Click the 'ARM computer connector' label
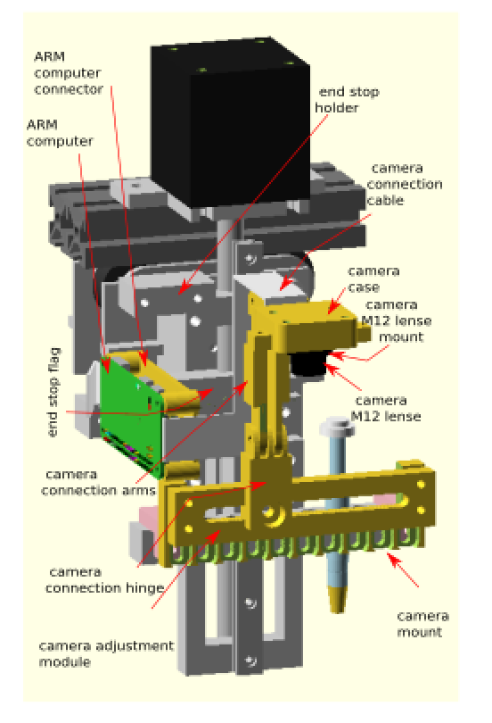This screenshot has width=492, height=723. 69,73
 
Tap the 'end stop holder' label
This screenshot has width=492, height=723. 348,100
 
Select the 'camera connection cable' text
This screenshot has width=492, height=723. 405,184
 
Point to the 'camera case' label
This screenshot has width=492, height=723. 373,279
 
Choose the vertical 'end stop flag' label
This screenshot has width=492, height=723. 53,392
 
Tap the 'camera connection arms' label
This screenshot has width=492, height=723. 99,482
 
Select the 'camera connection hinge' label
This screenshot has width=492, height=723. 104,580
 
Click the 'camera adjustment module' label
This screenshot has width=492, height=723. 106,653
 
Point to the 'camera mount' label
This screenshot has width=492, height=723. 423,624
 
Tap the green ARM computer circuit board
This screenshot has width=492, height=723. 132,414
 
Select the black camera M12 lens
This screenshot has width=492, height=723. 308,363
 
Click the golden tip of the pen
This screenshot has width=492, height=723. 337,599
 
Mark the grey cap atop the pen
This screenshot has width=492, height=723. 337,426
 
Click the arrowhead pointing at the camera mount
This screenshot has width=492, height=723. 393,559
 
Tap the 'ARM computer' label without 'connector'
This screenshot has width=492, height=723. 60,133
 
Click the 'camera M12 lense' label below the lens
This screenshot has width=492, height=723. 386,408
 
